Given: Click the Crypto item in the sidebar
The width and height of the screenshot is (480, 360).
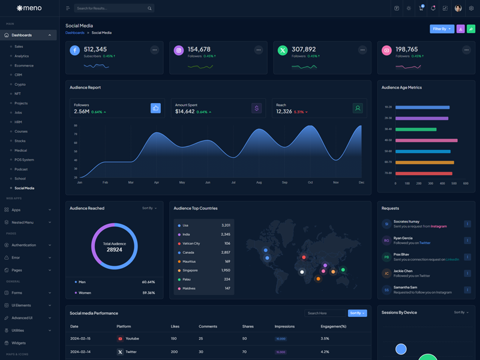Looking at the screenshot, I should (20, 84).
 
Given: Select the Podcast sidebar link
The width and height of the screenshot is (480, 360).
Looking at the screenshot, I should (21, 169).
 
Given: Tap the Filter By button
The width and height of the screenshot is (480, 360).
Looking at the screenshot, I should (442, 29).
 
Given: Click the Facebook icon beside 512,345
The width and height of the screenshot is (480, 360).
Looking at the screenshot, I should (75, 50).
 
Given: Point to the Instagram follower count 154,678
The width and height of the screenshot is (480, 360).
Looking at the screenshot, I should (199, 49).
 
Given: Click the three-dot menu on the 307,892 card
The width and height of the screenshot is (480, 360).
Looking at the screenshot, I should (362, 50).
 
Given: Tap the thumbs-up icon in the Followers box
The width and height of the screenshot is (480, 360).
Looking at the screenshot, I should (155, 108).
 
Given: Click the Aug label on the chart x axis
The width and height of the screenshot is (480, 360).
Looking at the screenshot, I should (259, 182).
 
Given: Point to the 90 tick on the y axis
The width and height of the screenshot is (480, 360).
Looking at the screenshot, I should (76, 126).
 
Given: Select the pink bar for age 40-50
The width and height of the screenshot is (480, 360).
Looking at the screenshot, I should (427, 140).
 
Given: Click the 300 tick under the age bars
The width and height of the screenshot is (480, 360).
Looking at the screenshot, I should (431, 184).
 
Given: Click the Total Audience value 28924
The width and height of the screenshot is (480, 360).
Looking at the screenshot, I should (115, 249).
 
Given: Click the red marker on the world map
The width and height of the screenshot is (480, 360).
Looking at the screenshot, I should (304, 257).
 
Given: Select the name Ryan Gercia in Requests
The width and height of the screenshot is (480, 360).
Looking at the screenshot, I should (403, 238).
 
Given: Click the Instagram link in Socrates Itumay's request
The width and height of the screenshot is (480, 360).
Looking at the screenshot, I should (439, 226).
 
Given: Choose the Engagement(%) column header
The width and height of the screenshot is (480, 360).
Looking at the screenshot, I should (334, 326).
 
